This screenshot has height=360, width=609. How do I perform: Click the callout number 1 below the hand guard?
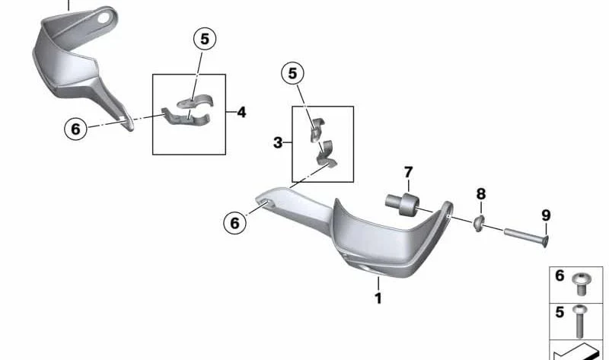click(x=378, y=298)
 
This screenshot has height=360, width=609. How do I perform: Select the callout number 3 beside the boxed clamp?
click(x=278, y=142)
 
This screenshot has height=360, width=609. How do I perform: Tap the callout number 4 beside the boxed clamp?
click(x=241, y=112)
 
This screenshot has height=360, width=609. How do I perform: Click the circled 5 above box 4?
click(x=205, y=39)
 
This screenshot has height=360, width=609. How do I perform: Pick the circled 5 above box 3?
click(x=292, y=73)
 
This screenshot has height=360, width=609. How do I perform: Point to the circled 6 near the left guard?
click(x=75, y=129)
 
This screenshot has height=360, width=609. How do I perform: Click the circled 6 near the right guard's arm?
click(x=235, y=223)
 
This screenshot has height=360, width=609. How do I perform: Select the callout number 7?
click(x=408, y=172)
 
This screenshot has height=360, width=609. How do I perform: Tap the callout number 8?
click(x=481, y=193)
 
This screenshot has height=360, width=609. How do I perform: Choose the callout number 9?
click(x=546, y=215)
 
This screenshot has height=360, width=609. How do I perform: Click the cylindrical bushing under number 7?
click(x=403, y=203)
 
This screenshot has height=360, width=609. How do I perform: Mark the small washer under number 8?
click(x=478, y=222)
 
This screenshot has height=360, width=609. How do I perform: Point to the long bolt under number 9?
click(x=526, y=237)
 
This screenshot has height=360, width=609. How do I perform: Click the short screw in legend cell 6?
click(x=582, y=284)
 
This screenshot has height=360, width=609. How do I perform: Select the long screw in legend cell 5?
click(x=579, y=321)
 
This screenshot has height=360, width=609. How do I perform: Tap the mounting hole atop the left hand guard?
click(x=104, y=18)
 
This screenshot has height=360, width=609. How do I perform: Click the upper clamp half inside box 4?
click(x=195, y=101)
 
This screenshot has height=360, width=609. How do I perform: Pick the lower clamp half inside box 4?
click(x=186, y=117)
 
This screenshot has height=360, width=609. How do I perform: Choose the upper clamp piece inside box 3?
click(x=317, y=129)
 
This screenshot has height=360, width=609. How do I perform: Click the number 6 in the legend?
click(x=560, y=276)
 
